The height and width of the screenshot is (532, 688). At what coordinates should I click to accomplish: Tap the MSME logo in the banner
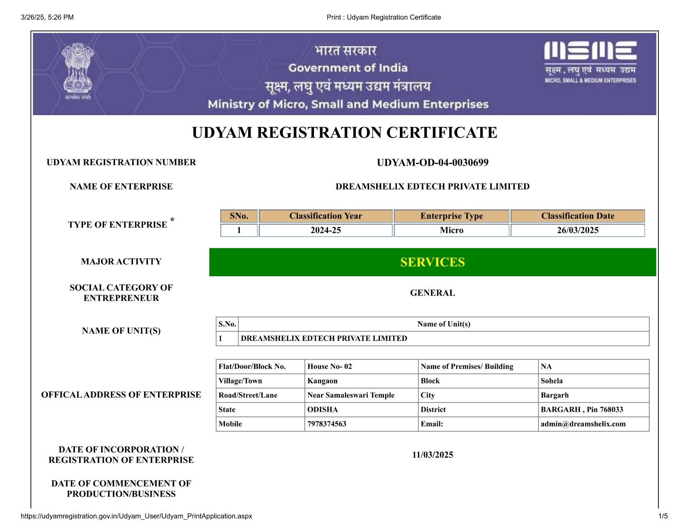(x=590, y=62)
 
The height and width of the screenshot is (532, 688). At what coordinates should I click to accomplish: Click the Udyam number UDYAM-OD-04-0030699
(x=432, y=163)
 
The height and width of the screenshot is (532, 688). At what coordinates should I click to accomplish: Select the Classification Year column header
(x=326, y=216)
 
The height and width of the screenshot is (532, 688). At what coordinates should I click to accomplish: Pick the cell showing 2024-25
(x=326, y=230)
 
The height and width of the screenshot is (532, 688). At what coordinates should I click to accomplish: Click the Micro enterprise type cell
(x=452, y=230)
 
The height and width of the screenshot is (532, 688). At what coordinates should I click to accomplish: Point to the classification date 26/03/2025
(x=578, y=230)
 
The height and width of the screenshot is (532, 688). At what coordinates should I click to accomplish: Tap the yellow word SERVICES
(x=432, y=262)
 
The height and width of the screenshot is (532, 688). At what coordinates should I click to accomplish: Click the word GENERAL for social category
(x=432, y=293)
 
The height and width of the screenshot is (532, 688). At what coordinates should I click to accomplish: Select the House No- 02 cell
(x=329, y=366)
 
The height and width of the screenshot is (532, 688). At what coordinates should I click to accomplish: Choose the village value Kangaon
(x=322, y=381)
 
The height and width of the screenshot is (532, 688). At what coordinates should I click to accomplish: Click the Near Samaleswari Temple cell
(x=351, y=395)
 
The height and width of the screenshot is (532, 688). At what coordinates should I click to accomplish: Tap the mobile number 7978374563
(x=326, y=424)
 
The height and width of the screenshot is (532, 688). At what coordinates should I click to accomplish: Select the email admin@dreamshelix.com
(x=583, y=424)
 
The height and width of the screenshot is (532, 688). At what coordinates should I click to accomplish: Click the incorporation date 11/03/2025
(x=432, y=455)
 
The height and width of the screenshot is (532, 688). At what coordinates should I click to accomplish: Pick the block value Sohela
(x=552, y=381)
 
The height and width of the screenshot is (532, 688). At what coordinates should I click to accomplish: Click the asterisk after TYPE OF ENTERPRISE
(x=172, y=219)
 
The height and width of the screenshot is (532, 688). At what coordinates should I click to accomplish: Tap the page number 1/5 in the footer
(x=663, y=516)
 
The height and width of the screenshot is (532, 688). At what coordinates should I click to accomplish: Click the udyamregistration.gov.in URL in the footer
(x=136, y=516)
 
